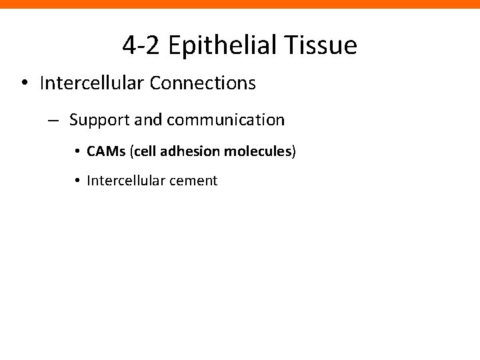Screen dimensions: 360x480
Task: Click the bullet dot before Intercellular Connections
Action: click(x=23, y=83)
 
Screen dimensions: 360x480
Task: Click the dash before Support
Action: click(x=53, y=121)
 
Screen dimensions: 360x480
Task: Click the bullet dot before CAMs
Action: click(x=78, y=152)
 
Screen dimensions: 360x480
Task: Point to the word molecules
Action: click(x=257, y=152)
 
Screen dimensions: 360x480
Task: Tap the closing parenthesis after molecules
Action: click(x=293, y=152)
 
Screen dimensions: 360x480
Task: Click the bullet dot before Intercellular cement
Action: click(x=78, y=180)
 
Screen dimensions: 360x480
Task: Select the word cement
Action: click(x=196, y=180)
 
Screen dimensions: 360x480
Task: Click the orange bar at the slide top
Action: click(x=240, y=4)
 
